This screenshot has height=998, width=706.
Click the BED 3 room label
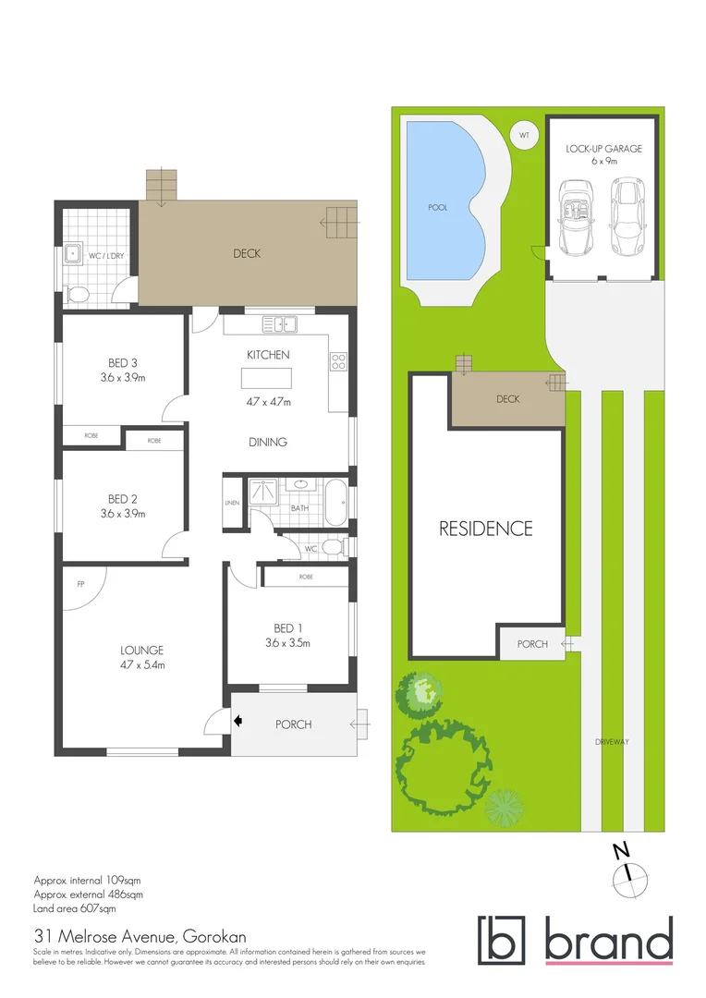click(122, 362)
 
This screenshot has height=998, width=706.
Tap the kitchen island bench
click(266, 378)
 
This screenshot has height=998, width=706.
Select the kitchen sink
click(278, 323)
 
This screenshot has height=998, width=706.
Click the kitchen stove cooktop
click(338, 362)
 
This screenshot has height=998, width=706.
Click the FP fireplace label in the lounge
click(81, 584)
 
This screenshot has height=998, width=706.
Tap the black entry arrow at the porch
click(238, 722)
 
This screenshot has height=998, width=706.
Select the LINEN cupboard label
click(231, 503)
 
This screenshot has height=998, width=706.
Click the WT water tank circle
click(524, 136)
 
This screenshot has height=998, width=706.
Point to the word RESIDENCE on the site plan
click(485, 529)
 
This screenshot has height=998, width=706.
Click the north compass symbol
click(628, 871)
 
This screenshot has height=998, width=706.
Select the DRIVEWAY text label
click(612, 741)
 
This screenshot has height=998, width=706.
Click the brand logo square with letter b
click(501, 939)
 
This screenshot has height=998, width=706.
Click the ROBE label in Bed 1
click(306, 577)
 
